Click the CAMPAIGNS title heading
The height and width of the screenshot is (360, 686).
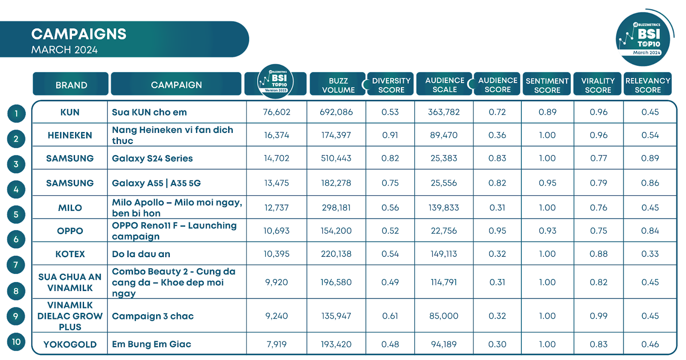[79, 34]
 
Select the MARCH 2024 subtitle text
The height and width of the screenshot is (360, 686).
[64, 50]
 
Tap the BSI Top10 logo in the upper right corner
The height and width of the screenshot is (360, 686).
[643, 39]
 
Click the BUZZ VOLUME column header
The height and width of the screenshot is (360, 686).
[338, 85]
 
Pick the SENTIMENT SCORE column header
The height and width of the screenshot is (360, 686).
[547, 85]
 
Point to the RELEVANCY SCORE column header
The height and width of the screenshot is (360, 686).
[647, 85]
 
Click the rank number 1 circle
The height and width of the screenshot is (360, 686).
[16, 114]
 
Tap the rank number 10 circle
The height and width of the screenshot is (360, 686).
[16, 342]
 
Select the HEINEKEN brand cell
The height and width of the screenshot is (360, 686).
[70, 135]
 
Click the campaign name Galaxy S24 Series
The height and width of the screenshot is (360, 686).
[152, 159]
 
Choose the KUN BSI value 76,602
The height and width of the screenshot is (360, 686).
[277, 112]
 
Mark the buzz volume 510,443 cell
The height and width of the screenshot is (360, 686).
[336, 159]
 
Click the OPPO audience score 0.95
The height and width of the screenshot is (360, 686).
[497, 231]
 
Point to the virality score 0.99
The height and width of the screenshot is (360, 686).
[599, 316]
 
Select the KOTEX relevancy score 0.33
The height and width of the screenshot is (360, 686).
[650, 254]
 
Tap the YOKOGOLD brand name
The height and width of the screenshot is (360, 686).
[70, 345]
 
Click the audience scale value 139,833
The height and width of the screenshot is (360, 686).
[444, 208]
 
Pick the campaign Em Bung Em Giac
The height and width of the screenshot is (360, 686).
[151, 344]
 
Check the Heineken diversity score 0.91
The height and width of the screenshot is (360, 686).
[390, 135]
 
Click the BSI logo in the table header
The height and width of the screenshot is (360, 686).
[276, 81]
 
